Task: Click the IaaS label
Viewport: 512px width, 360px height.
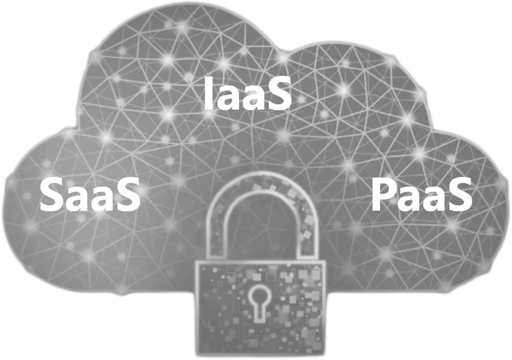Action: click(247, 93)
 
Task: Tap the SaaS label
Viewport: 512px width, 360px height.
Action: click(90, 194)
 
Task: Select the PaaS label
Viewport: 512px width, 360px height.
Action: click(422, 194)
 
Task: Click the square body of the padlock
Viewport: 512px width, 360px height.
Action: click(261, 308)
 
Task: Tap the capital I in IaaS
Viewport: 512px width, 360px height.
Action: click(208, 93)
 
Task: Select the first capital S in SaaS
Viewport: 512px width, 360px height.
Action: click(51, 195)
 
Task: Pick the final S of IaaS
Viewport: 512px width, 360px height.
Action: click(279, 93)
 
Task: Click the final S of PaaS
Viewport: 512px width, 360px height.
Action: click(460, 195)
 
